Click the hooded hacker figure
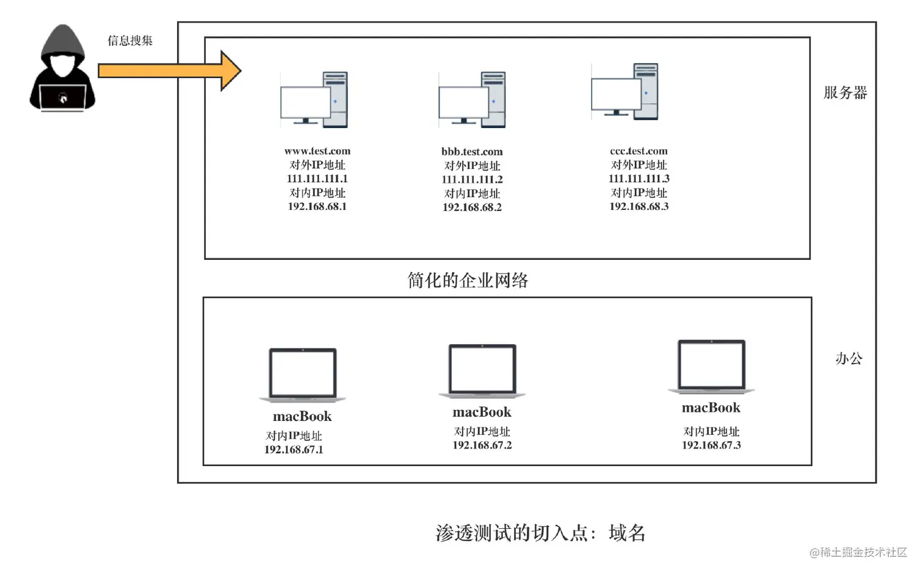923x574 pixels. tap(62, 68)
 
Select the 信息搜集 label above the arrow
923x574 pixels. tap(130, 41)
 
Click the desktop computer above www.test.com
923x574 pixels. tap(314, 99)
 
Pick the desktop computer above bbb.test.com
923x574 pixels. tap(472, 99)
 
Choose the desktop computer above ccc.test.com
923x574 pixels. tap(625, 92)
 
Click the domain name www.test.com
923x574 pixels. tap(317, 151)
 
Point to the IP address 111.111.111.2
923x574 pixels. tap(472, 179)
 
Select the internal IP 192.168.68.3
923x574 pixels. tap(639, 206)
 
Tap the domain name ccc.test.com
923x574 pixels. tap(639, 151)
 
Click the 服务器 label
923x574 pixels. tap(845, 93)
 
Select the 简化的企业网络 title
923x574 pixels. tap(468, 280)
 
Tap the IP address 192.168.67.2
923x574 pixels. tap(482, 445)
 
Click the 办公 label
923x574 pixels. tap(849, 359)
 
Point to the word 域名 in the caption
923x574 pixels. tap(628, 533)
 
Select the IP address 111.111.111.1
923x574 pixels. tap(317, 179)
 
